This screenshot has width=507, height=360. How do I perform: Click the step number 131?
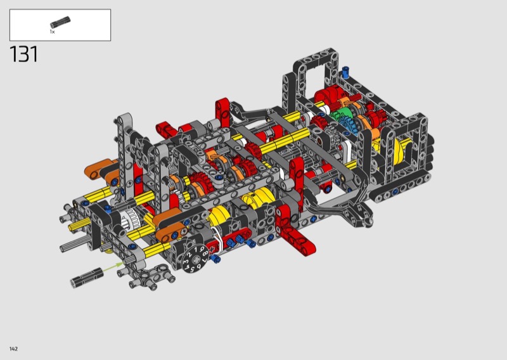24,54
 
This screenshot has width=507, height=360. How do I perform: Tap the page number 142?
13,349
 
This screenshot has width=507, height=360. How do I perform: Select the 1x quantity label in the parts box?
52,32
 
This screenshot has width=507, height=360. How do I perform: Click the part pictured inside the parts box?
60,22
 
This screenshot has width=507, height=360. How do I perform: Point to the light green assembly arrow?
113,267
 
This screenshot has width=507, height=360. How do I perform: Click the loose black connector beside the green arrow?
87,277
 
